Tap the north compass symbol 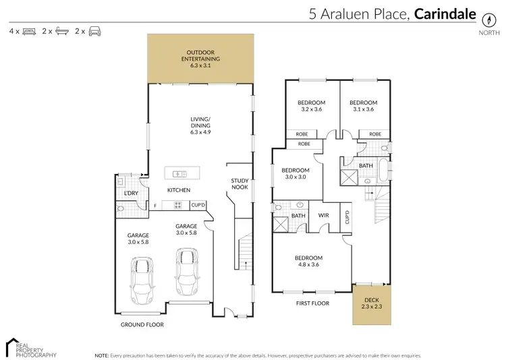coord(486,18)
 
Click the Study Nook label coord(240,183)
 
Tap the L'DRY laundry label coord(131,193)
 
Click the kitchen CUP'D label coord(198,205)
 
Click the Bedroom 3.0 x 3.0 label coord(295,173)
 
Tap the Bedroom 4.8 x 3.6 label coord(308,262)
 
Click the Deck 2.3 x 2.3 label coord(371,303)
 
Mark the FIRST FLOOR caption coord(312,304)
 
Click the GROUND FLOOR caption coord(143,324)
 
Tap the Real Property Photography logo coord(31,347)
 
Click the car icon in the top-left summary coord(94,31)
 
